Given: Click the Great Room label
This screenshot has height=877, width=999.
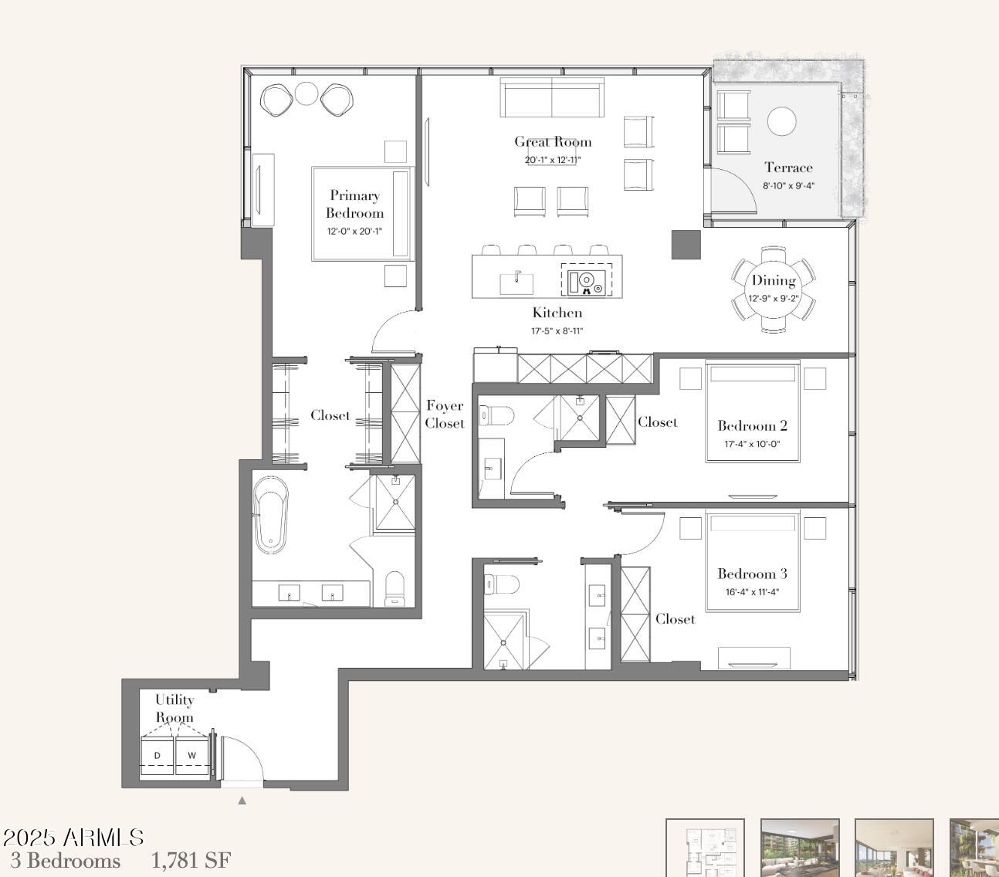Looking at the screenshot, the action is [x=553, y=142].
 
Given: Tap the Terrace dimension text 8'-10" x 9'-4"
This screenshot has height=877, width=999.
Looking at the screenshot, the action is [x=788, y=186].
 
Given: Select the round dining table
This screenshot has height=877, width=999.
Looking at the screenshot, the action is [x=774, y=290].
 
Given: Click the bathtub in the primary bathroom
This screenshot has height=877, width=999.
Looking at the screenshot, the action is [x=270, y=514].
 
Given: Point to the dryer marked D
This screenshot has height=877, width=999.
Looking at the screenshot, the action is [x=157, y=756].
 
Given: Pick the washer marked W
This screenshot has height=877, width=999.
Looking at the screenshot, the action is [x=192, y=756].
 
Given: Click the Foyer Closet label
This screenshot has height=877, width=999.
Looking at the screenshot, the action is [x=445, y=415].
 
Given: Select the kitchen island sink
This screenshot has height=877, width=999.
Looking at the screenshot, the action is [x=516, y=283].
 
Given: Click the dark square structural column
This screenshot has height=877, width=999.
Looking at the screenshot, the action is [x=686, y=245].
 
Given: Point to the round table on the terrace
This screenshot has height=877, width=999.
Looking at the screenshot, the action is [x=781, y=121].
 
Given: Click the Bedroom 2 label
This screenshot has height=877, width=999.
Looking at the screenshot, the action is [x=752, y=425].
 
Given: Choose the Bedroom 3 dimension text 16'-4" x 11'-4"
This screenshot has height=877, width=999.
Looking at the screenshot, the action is [x=752, y=592].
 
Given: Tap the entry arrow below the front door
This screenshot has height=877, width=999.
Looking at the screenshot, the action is [x=242, y=801].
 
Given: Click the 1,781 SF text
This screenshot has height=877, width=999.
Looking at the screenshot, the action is [x=191, y=861].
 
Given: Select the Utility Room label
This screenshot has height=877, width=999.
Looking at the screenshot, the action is [x=174, y=708].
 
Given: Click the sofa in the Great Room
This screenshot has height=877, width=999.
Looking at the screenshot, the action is [x=552, y=97].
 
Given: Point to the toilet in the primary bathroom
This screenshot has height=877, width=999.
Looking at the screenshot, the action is [x=394, y=588].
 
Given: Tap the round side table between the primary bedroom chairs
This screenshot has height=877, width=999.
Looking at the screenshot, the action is [x=306, y=93].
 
